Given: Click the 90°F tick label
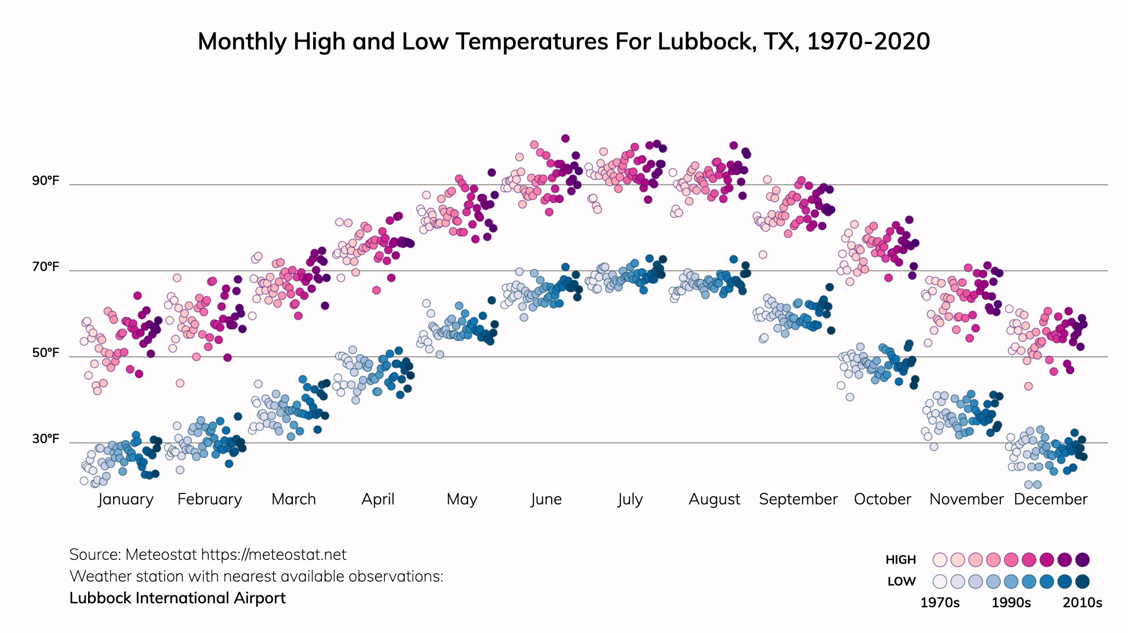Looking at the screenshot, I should click(46, 181).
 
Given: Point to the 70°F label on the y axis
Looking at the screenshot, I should click(46, 267).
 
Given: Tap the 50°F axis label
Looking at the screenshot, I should click(46, 353).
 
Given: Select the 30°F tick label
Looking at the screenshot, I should click(46, 439).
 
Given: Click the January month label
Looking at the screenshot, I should click(126, 499).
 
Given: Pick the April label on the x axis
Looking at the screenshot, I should click(378, 499).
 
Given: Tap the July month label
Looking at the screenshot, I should click(630, 499).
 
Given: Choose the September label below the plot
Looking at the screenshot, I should click(798, 499).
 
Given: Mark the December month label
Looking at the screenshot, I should click(1050, 499).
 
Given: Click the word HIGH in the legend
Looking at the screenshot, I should click(900, 560).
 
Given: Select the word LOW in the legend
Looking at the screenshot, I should click(901, 582).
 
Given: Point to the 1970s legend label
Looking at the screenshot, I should click(940, 603).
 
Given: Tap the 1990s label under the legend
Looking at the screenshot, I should click(1011, 603).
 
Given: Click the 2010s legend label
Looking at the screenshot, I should click(1082, 603).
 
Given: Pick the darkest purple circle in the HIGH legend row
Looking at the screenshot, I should click(1082, 560).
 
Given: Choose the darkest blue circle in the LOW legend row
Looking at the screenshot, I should click(1082, 582).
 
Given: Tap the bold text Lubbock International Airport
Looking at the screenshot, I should click(178, 598).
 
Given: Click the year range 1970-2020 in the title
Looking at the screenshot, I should click(868, 42).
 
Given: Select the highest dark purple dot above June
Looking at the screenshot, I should click(565, 138).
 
